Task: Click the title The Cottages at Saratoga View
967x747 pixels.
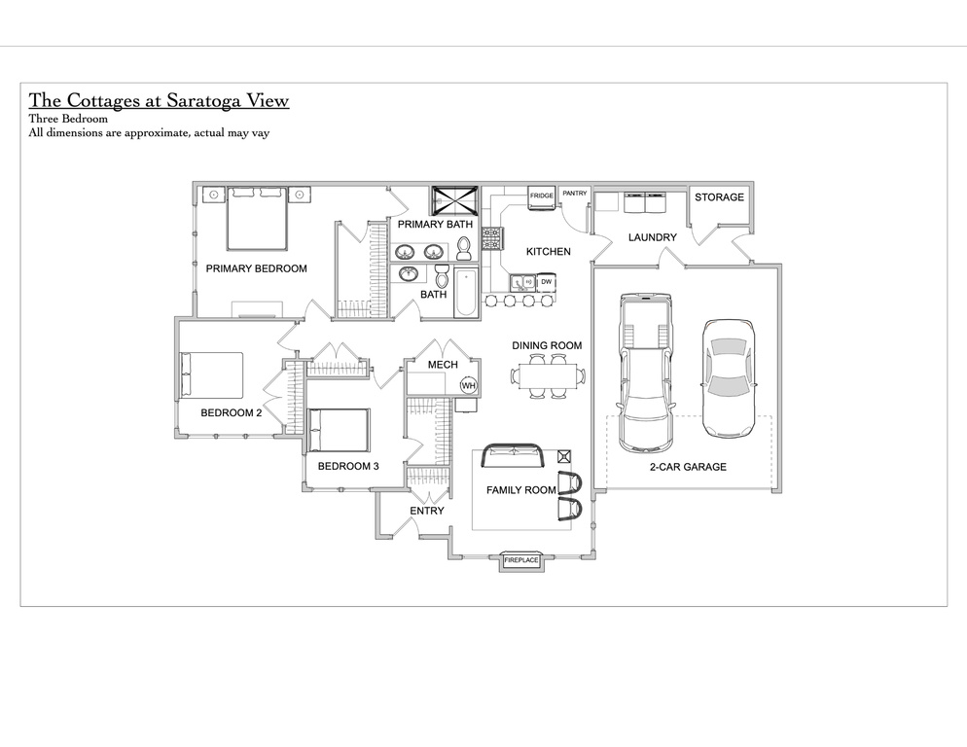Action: pyautogui.click(x=160, y=100)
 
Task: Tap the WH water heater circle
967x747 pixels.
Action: pyautogui.click(x=469, y=386)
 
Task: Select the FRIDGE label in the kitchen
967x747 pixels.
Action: pyautogui.click(x=542, y=196)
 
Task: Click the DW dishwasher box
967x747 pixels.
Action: pyautogui.click(x=547, y=282)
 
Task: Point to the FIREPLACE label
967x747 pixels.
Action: pyautogui.click(x=521, y=560)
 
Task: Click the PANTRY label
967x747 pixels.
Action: pyautogui.click(x=575, y=194)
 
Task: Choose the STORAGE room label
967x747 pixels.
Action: pyautogui.click(x=719, y=197)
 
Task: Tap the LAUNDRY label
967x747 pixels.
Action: pyautogui.click(x=653, y=237)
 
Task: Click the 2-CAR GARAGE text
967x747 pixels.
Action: pyautogui.click(x=688, y=467)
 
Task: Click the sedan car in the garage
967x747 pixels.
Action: pyautogui.click(x=729, y=378)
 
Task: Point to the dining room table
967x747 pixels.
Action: pyautogui.click(x=548, y=375)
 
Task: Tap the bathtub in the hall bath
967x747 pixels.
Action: pyautogui.click(x=467, y=293)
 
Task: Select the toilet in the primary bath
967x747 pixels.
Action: pyautogui.click(x=464, y=248)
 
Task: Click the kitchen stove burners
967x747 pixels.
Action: pyautogui.click(x=493, y=238)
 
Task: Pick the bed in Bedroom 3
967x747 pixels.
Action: pyautogui.click(x=339, y=430)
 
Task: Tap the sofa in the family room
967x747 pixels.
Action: pyautogui.click(x=513, y=455)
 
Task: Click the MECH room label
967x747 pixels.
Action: pyautogui.click(x=443, y=365)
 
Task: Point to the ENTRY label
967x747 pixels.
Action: pyautogui.click(x=427, y=511)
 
